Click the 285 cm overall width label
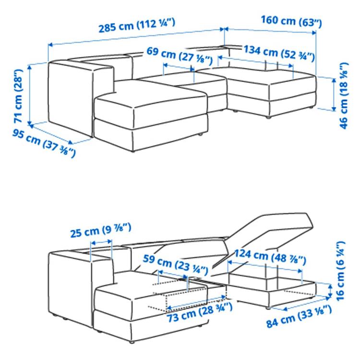coord(137,24)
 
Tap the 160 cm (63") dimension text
coord(291,21)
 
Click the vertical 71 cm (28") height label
coord(18,96)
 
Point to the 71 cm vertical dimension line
coord(30,94)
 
